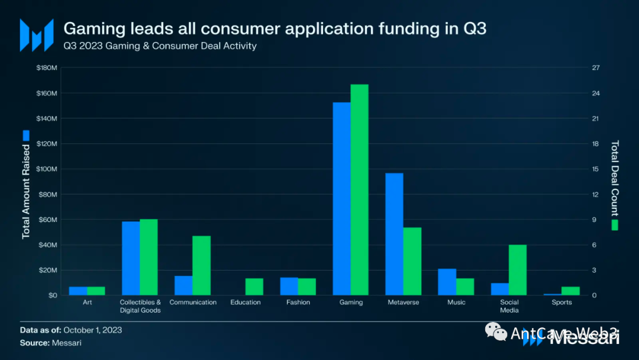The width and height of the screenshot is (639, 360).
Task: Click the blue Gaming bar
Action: pyautogui.click(x=341, y=198)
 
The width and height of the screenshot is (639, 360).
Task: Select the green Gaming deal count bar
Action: pyautogui.click(x=359, y=189)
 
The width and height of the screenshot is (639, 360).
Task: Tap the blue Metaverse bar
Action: pyautogui.click(x=394, y=234)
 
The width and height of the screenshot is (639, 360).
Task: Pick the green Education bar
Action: pyautogui.click(x=254, y=287)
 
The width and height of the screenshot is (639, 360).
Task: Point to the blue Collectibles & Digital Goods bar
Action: pyautogui.click(x=131, y=258)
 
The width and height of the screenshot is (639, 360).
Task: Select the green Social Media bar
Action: pyautogui.click(x=518, y=269)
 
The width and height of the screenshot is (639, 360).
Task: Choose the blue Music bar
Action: pyautogui.click(x=447, y=282)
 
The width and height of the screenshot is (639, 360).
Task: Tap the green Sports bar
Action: pyautogui.click(x=570, y=291)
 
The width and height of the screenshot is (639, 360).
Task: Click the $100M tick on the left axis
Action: pyautogui.click(x=46, y=169)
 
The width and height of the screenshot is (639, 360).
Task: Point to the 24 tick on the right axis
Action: pyautogui.click(x=596, y=94)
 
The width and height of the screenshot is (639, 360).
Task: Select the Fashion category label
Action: pyautogui.click(x=298, y=303)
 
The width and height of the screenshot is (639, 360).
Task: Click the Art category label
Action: pyautogui.click(x=87, y=303)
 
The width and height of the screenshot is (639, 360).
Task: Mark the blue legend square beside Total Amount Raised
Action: pyautogui.click(x=26, y=135)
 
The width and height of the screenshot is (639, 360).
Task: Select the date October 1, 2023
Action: pyautogui.click(x=92, y=330)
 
